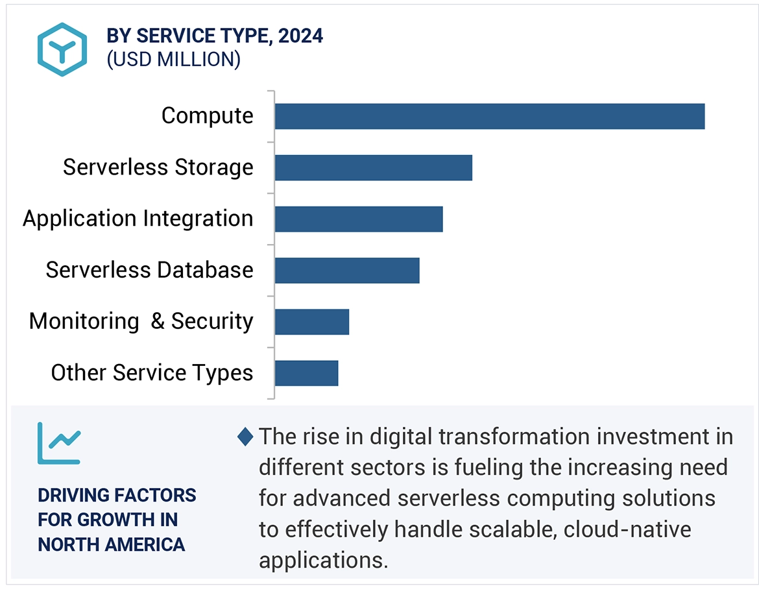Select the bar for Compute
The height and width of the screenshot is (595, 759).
pos(489,116)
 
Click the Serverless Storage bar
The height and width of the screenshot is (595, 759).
pos(373,167)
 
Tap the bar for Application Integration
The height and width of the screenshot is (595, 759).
pos(358,219)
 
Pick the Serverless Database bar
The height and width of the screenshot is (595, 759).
pos(346,270)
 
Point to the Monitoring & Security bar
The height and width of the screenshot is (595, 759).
pos(311,322)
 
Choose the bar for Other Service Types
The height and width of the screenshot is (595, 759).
pos(306,373)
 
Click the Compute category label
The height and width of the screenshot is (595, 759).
pos(207,116)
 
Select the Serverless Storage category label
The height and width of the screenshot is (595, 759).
pos(158,167)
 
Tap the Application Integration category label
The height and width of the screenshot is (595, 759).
pos(138,219)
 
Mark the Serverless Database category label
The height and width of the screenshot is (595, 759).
pos(149,270)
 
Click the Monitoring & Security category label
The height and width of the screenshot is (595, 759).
pos(141,322)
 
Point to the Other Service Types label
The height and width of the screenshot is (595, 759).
pos(152,373)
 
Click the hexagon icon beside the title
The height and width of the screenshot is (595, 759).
pos(62,49)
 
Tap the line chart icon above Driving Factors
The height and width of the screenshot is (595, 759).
pos(58,443)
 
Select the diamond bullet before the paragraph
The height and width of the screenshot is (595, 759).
pos(245,437)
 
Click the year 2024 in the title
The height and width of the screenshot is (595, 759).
pos(300,36)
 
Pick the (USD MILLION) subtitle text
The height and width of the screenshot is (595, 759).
pos(173,60)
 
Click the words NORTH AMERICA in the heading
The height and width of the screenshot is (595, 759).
pos(111,544)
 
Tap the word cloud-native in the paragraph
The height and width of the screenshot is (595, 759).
pos(627,529)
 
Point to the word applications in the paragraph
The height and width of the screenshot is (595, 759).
pos(322,560)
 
